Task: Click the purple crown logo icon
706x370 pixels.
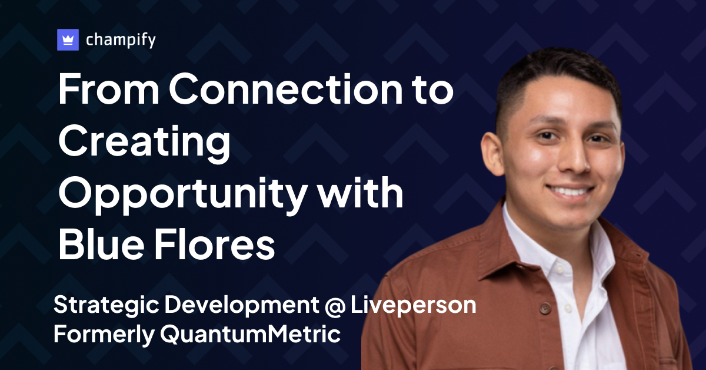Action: point(68,40)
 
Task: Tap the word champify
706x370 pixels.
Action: point(121,41)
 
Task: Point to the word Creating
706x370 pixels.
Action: point(144,143)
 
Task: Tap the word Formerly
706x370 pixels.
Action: point(102,335)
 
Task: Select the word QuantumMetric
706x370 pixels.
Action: point(251,335)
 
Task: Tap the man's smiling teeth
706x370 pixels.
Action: point(570,191)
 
